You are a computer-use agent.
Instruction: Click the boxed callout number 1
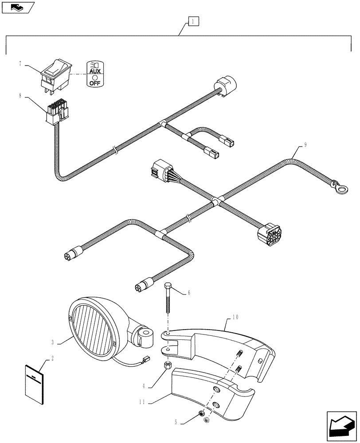coord(193,21)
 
